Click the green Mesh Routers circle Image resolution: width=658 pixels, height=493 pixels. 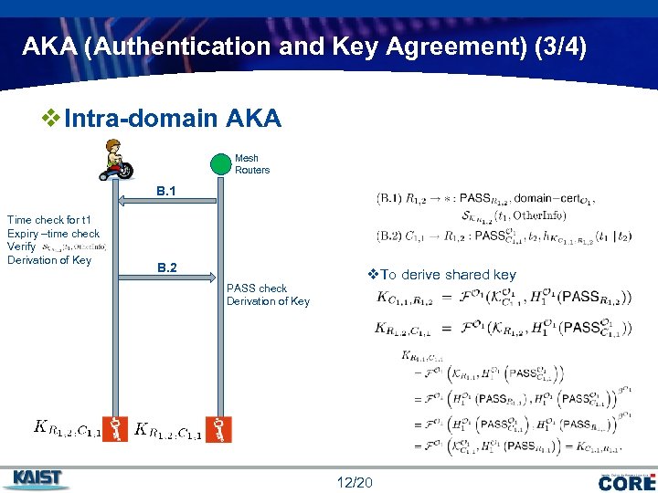click(220, 164)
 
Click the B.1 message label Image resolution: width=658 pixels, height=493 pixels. click(166, 192)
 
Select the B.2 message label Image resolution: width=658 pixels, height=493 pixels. click(166, 268)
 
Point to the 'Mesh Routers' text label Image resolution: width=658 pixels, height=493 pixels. click(252, 164)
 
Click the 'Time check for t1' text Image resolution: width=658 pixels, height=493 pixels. click(48, 220)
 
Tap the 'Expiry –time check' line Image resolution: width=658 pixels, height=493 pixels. click(53, 234)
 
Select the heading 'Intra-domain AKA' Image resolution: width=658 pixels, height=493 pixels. click(173, 119)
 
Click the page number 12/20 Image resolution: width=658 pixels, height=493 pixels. click(355, 481)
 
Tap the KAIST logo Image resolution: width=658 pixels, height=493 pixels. click(38, 478)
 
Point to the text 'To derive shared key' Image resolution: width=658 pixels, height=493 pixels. click(448, 275)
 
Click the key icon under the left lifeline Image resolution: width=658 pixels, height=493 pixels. click(115, 428)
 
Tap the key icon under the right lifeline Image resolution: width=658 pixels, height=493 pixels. click(219, 428)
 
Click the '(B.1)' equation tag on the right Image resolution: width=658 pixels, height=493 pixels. click(389, 198)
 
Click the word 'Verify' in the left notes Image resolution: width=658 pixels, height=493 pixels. click(21, 246)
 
